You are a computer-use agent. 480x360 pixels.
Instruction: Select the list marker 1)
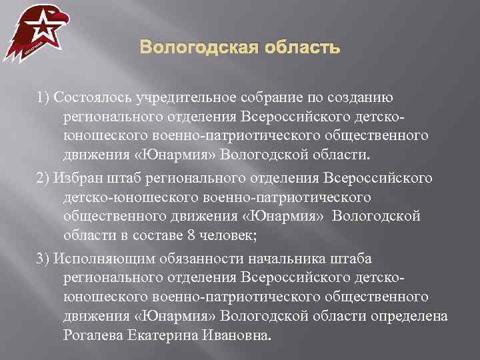click(x=43, y=99)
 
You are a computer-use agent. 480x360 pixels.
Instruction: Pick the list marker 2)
click(x=43, y=179)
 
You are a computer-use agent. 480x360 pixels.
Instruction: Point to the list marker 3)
click(x=43, y=259)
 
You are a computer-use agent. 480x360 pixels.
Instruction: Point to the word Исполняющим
click(x=99, y=259)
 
